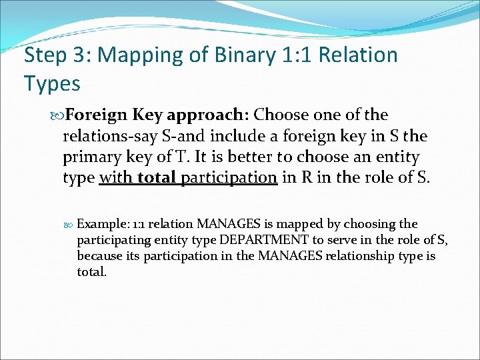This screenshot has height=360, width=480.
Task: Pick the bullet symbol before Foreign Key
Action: click(x=57, y=115)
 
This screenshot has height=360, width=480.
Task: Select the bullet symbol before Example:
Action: click(x=70, y=223)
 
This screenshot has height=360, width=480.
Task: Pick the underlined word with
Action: click(x=116, y=178)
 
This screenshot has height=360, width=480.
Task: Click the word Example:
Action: click(x=102, y=223)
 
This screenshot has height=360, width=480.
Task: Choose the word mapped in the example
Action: click(x=305, y=223)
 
